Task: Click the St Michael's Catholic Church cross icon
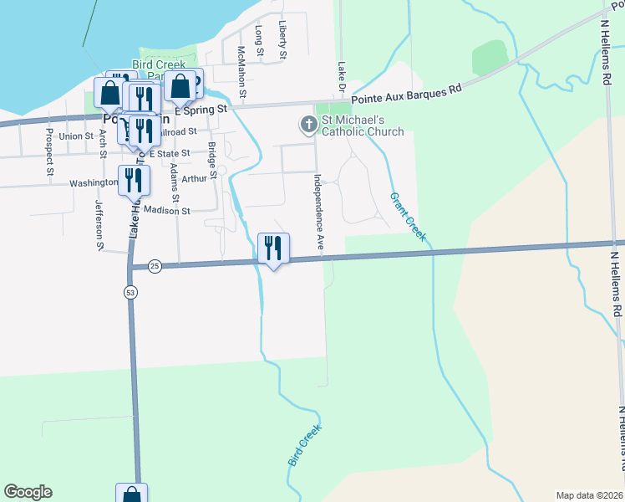[x=308, y=125]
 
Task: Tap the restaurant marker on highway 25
[x=273, y=248]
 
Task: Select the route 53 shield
[x=130, y=292]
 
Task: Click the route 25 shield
[x=155, y=266]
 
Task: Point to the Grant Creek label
[x=408, y=217]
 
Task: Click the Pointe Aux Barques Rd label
[x=406, y=87]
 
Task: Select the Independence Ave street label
[x=318, y=213]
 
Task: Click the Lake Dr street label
[x=341, y=75]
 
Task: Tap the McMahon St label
[x=241, y=72]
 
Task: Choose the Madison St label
[x=166, y=211]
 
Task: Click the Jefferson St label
[x=99, y=224]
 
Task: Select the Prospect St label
[x=49, y=152]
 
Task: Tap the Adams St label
[x=175, y=181]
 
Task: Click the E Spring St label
[x=201, y=110]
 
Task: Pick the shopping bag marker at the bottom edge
[x=132, y=494]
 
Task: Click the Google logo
[x=28, y=492]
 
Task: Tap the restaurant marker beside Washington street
[x=133, y=180]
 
